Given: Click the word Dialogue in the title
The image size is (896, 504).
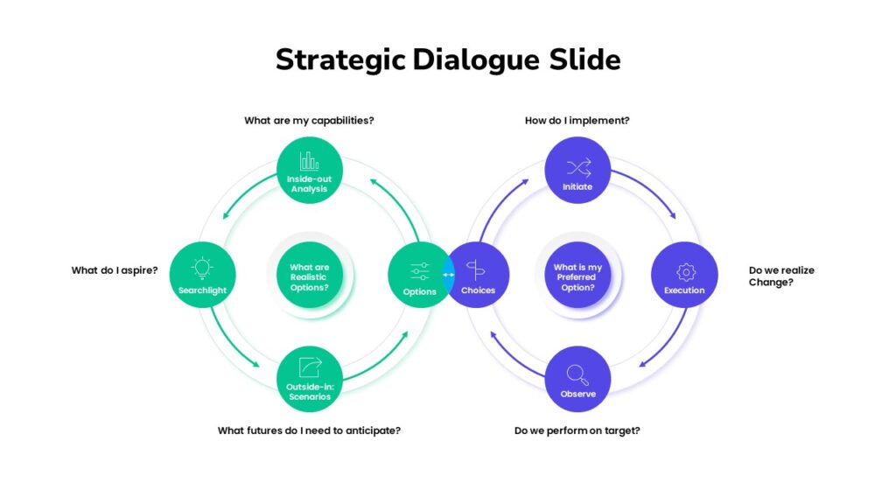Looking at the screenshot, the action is pos(476,60).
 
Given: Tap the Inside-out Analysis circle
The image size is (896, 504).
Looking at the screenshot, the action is pos(309,170).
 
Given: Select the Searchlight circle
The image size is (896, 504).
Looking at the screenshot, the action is pos(202,274).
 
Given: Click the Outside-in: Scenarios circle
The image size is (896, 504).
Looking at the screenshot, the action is pos(309,379).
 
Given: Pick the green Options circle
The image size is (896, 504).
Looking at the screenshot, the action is pos(420,274).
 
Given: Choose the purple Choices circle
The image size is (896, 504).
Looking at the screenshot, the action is pos(478,274).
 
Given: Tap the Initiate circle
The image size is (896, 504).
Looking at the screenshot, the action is pos(577,170).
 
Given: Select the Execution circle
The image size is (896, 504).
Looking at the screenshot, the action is pos(684,274).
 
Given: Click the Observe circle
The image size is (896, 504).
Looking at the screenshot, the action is pos(577,379).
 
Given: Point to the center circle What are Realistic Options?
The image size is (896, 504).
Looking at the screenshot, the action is pos(309,275).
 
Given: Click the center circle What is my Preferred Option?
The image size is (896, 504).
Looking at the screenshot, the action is pos(577,275).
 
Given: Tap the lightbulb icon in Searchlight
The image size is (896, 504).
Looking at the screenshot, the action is pos(202,268).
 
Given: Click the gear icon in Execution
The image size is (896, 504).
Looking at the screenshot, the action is pos(686,272).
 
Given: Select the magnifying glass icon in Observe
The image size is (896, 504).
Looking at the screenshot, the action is pos(577,374).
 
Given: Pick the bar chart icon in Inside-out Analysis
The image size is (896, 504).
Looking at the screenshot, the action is pos(309,161).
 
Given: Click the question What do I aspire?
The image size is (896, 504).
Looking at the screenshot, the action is pos(115,270).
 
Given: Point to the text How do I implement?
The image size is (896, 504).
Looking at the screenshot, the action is pos(577,121).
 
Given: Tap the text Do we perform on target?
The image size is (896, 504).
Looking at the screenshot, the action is pos(577,430).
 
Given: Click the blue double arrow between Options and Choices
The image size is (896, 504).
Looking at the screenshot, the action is pos(449,275).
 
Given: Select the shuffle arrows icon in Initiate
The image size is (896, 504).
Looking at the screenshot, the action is pos(579,168).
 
